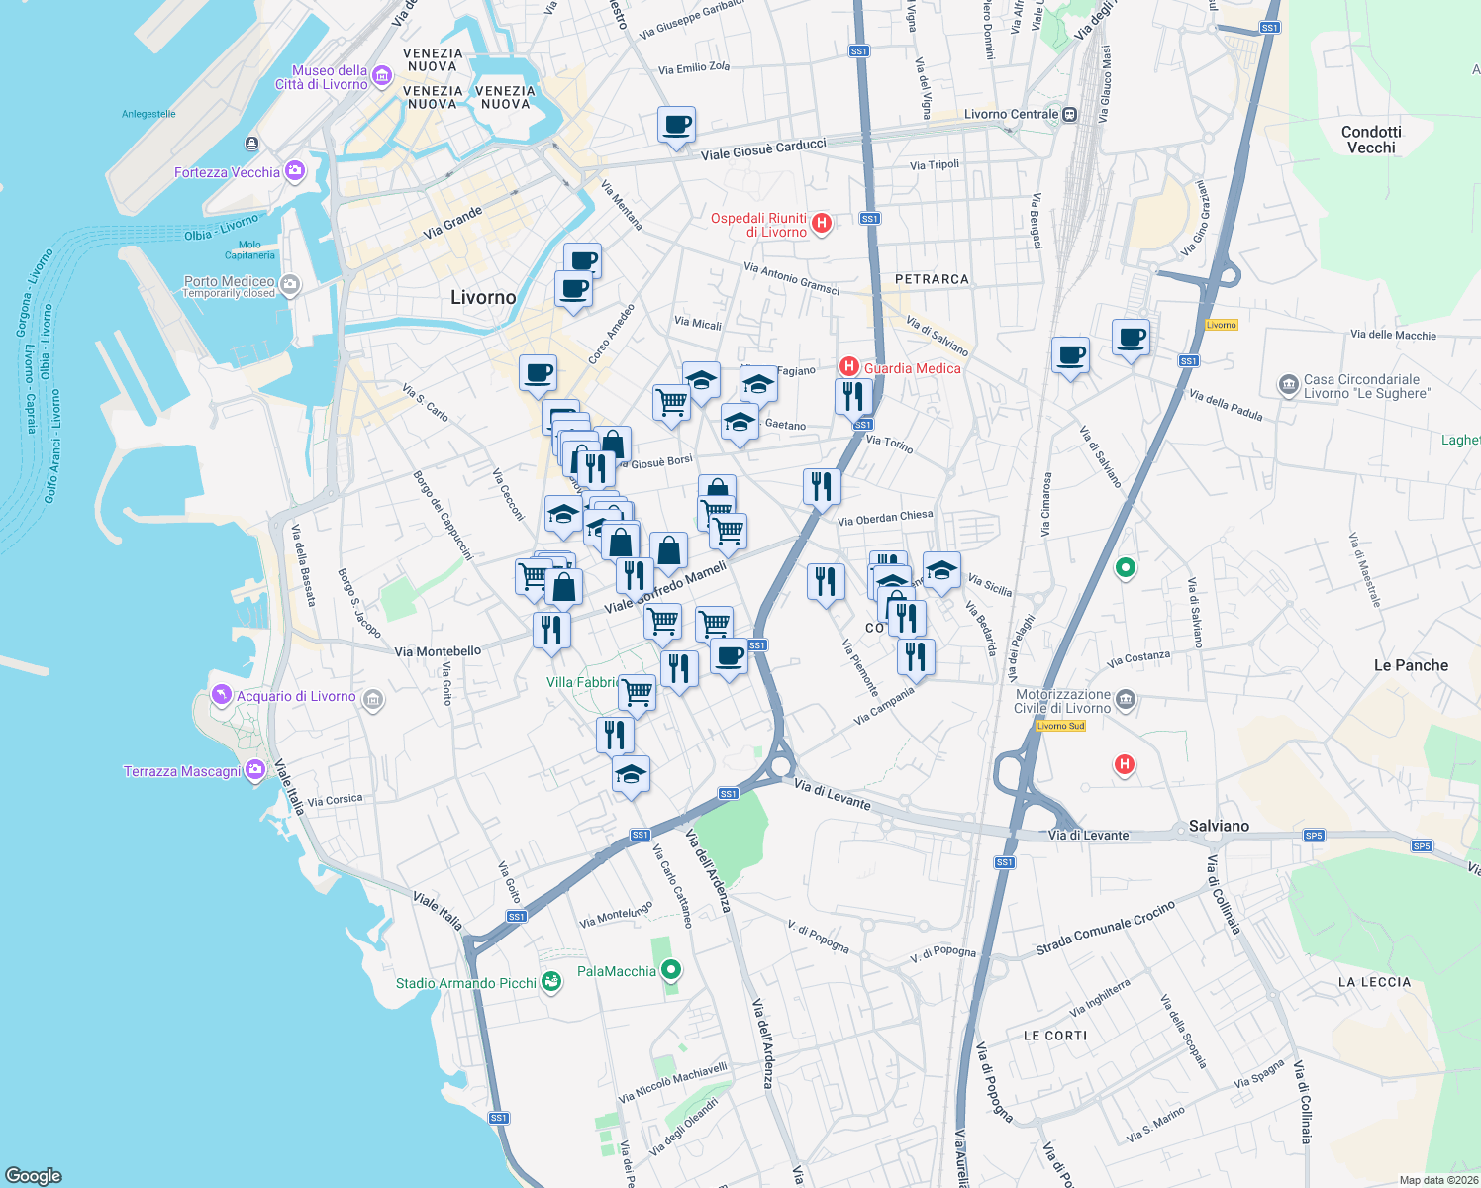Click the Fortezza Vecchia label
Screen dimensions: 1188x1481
tap(227, 172)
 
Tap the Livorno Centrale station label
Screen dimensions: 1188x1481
tap(1011, 114)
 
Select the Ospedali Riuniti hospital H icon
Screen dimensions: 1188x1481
tap(821, 224)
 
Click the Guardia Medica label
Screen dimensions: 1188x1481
tap(912, 368)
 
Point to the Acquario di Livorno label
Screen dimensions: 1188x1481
tap(295, 696)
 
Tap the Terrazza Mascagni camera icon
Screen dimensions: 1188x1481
tap(255, 769)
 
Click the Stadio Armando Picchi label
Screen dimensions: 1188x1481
tap(465, 983)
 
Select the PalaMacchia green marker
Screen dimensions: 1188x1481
tap(672, 970)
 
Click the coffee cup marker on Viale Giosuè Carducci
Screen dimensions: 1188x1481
tap(677, 126)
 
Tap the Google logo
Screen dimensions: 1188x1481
tap(33, 1175)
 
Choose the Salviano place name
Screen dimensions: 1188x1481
tap(1219, 826)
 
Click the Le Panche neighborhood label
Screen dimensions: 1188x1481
tap(1411, 665)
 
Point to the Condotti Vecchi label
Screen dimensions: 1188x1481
tap(1371, 140)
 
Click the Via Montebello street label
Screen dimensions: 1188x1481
tap(438, 651)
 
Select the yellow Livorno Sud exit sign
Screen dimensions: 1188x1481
tap(1060, 726)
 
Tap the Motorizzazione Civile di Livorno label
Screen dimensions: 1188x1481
tap(1062, 701)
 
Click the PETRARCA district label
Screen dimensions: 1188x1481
tap(932, 279)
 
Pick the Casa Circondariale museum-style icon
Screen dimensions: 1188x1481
tap(1288, 384)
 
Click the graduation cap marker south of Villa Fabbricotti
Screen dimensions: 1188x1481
tap(631, 774)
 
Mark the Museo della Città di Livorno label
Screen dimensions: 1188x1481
tap(322, 77)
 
